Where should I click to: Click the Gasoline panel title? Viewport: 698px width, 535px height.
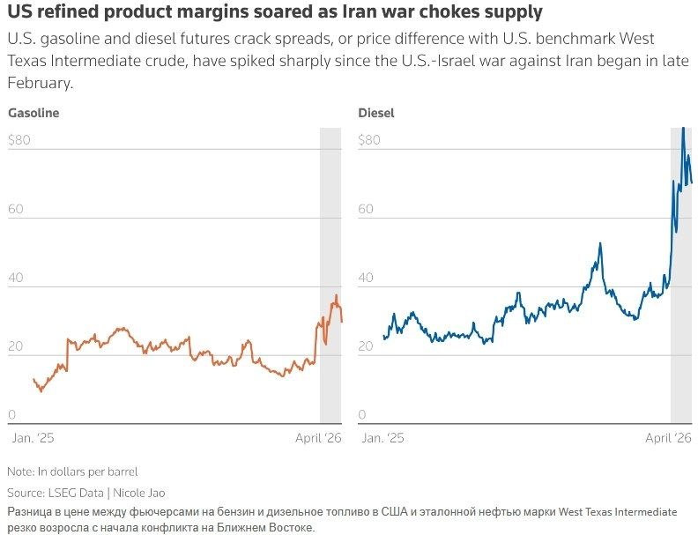(x=33, y=114)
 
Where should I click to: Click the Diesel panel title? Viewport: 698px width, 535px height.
(x=376, y=114)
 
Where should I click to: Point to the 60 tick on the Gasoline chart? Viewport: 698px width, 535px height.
(x=15, y=210)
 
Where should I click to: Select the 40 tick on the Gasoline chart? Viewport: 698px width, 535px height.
(x=15, y=279)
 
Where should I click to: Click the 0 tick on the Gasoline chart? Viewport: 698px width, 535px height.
(x=11, y=415)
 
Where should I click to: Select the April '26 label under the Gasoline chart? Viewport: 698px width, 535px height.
(x=318, y=438)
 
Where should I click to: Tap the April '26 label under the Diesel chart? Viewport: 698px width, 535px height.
(x=669, y=438)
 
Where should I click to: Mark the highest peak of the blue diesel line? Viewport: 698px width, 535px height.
(x=682, y=129)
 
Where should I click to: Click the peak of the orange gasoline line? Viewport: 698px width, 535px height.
(x=336, y=295)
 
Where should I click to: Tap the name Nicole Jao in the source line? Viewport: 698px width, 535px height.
(x=138, y=494)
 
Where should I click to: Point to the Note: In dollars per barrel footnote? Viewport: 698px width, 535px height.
(x=72, y=472)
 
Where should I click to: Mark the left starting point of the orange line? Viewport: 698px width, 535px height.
(x=33, y=379)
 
